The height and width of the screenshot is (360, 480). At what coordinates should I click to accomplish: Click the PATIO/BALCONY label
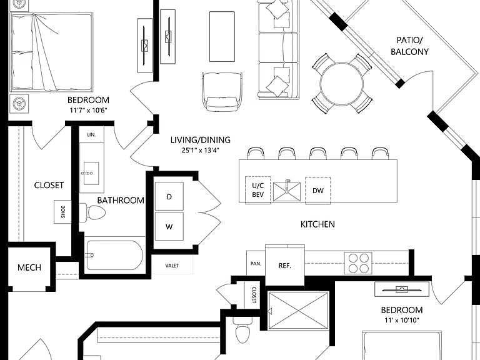point(409,46)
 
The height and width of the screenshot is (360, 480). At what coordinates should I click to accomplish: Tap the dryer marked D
point(169,196)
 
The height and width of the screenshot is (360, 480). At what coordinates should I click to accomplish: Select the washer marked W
point(169,226)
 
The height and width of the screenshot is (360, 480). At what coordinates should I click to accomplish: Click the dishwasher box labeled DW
point(317,191)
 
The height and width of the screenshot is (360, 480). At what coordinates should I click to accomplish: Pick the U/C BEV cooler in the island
point(257,190)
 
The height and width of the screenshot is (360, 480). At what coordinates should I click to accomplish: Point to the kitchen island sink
point(286,191)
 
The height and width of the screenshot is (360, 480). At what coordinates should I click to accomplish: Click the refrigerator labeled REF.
point(285,265)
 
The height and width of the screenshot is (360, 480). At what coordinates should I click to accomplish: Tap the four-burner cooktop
point(358,263)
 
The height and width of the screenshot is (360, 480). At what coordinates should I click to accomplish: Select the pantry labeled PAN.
point(256,263)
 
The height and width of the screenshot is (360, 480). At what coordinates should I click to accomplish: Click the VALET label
point(172,266)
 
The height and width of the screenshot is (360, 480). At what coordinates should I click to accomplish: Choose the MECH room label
point(29,267)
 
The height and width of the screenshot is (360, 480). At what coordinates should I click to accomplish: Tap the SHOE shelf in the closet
point(62,211)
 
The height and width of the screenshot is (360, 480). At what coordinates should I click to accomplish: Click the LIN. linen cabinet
point(91,135)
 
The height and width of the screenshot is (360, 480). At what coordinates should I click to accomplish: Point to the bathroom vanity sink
point(91,173)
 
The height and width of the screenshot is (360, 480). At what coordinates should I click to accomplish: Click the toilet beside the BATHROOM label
point(92,211)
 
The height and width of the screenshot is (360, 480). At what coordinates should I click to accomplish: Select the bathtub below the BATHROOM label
point(115,255)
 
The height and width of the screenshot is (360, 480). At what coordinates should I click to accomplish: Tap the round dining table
point(342,83)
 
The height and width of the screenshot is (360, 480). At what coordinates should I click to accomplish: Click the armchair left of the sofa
point(222,92)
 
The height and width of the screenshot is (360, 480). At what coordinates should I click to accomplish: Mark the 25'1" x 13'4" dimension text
point(200,150)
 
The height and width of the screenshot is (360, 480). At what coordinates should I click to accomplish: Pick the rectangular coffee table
point(222,36)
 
